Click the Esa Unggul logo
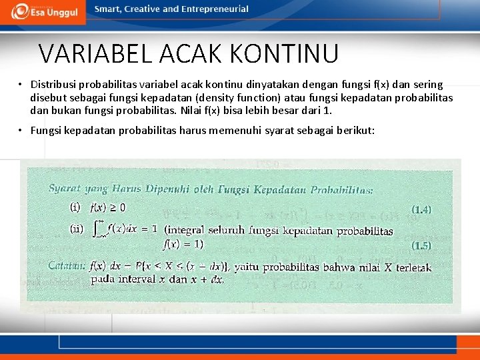41,11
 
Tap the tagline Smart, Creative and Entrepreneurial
171,9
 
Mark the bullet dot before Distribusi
21,85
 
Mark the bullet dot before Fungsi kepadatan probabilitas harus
21,130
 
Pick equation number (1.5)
421,245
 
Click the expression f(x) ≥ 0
107,207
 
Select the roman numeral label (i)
75,207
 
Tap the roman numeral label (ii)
77,229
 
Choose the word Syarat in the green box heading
64,188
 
